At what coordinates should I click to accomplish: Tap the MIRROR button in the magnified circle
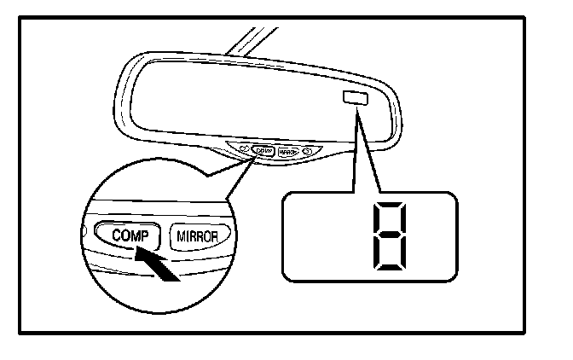point(200,232)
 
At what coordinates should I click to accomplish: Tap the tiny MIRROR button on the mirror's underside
point(287,152)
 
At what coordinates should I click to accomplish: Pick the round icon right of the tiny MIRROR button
point(306,153)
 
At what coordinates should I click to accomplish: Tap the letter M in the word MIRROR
point(181,232)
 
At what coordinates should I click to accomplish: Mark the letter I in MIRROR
point(188,232)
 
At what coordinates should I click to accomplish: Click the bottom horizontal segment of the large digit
point(389,265)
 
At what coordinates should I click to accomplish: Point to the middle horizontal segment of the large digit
point(389,235)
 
